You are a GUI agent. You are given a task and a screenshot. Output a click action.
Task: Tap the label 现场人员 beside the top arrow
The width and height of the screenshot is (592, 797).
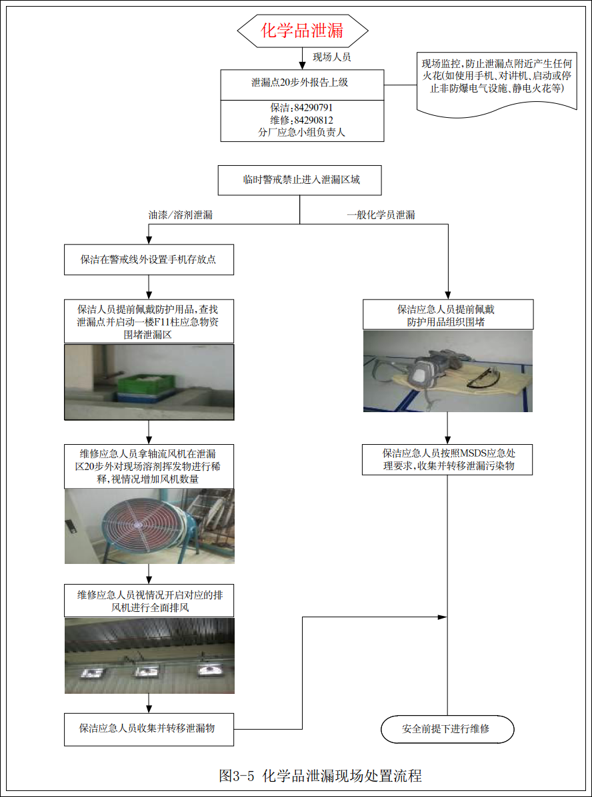(332, 57)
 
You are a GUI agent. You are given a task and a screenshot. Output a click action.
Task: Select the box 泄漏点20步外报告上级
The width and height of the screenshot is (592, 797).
(302, 83)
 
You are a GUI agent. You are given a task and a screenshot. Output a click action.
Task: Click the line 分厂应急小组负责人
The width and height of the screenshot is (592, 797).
(302, 132)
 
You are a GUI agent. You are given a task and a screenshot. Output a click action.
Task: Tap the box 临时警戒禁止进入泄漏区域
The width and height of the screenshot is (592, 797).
(301, 180)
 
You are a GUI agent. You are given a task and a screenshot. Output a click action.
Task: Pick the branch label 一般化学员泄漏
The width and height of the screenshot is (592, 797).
(381, 216)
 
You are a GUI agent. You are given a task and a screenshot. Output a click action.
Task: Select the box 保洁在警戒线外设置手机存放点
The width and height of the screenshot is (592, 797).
(149, 260)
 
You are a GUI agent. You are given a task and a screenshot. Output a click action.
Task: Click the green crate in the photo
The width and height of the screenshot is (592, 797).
(145, 386)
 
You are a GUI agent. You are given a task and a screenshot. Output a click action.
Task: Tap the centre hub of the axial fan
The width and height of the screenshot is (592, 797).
(139, 524)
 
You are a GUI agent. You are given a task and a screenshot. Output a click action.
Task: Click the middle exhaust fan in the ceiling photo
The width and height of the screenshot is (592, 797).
(149, 671)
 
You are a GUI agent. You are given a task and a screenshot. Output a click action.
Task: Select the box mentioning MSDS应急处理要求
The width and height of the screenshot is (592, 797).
(447, 459)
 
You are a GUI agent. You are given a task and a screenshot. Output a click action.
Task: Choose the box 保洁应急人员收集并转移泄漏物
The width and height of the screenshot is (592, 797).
(149, 728)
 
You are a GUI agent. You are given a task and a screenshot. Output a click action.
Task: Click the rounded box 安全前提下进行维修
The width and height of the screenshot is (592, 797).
(447, 728)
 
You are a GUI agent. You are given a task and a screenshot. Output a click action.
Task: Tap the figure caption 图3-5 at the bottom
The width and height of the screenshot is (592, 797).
(320, 775)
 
